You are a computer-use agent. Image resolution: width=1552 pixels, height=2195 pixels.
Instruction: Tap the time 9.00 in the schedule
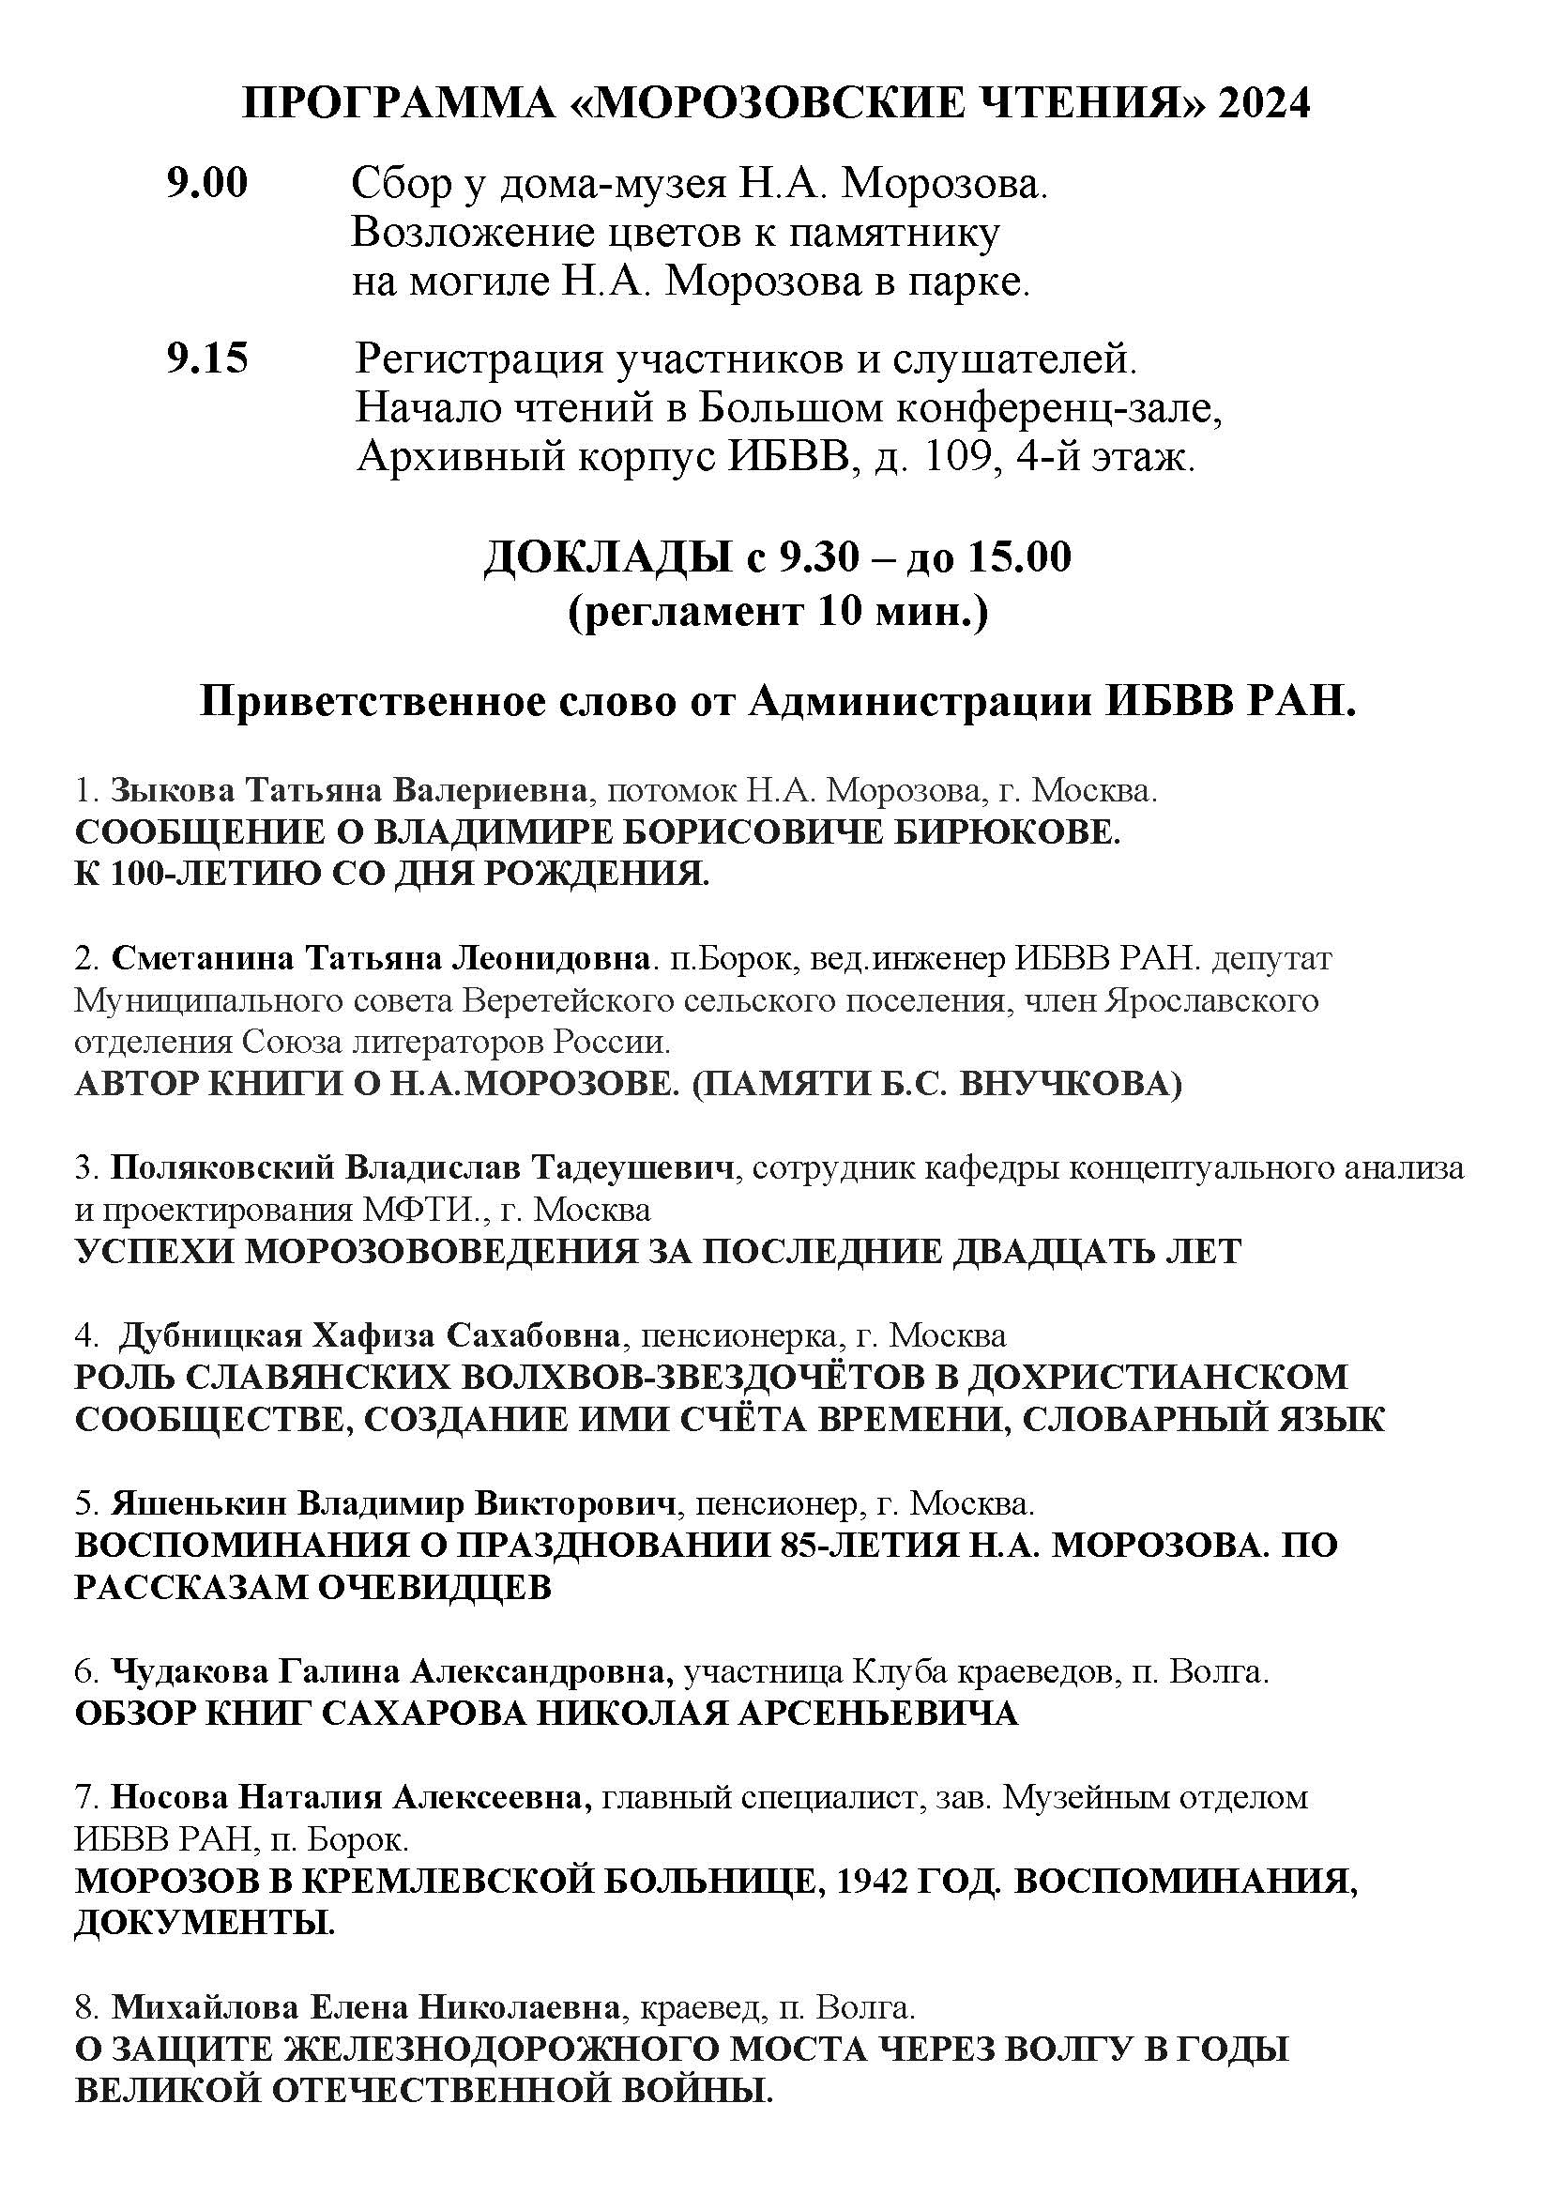(206, 183)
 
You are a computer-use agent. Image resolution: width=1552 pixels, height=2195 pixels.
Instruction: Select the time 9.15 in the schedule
(206, 358)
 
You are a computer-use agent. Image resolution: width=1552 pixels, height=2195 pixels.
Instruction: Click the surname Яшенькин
(198, 1502)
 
